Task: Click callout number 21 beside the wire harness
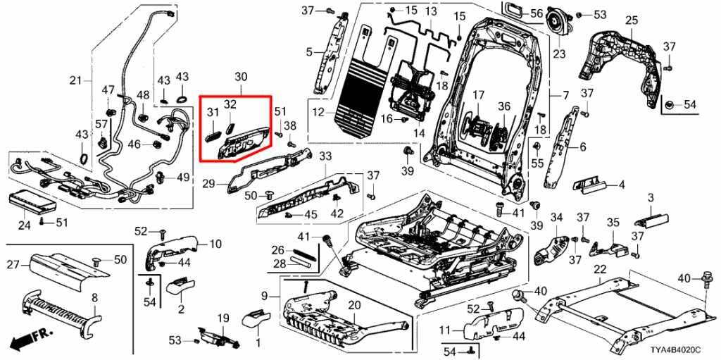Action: [x=76, y=80]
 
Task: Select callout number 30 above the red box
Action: [x=241, y=76]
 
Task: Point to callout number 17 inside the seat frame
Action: [x=479, y=95]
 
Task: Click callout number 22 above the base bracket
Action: [x=600, y=269]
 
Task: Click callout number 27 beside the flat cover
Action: [x=12, y=266]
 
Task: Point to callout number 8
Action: [x=94, y=298]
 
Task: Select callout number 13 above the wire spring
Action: [x=430, y=12]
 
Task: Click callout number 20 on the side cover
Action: [x=353, y=304]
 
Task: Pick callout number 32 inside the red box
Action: [x=230, y=104]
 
